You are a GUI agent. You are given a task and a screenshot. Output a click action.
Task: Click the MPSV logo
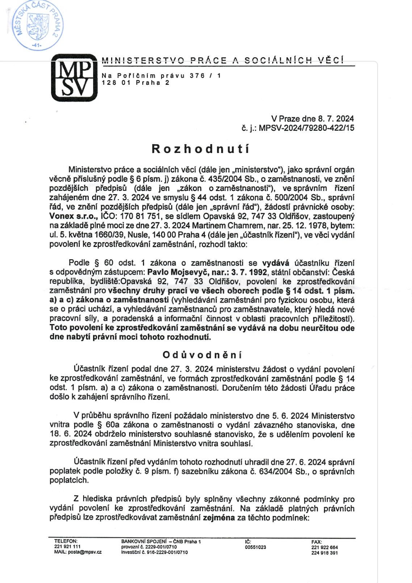(74, 77)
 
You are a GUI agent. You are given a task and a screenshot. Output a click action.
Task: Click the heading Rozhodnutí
(201, 149)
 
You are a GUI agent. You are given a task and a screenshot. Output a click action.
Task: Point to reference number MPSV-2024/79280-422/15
(307, 128)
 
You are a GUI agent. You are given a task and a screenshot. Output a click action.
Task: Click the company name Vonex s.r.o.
(73, 217)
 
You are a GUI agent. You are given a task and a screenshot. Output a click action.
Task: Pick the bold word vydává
(276, 263)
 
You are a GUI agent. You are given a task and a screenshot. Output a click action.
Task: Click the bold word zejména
(219, 518)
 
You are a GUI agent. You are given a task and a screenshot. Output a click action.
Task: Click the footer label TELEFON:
(66, 541)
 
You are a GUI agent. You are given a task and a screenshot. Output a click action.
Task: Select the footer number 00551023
(255, 547)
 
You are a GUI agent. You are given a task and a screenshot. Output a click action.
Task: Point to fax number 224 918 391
(324, 553)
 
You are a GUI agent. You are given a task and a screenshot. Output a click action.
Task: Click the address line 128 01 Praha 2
(135, 83)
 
